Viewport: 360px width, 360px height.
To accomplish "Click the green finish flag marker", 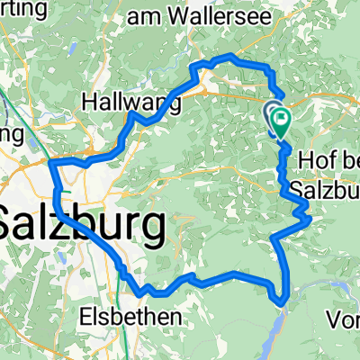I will click(281, 119).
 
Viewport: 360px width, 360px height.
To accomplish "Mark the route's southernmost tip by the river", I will click(283, 299).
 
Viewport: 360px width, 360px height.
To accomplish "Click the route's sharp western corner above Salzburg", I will click(51, 163).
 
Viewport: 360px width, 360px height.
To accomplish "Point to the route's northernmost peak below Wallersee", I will click(231, 58).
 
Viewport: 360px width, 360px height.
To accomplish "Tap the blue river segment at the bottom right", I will click(310, 288).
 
